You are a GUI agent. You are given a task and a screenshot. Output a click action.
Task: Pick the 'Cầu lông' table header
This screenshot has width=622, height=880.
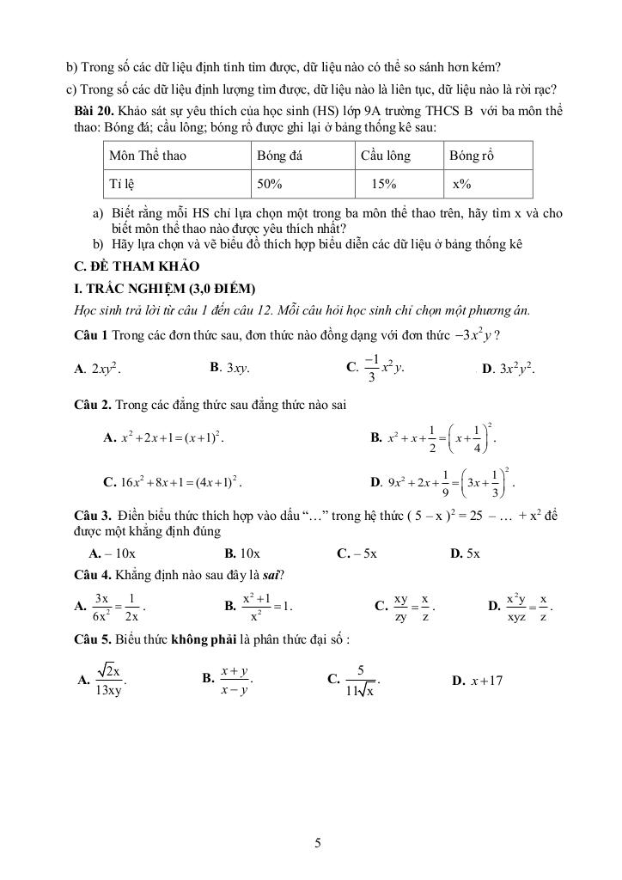click(x=386, y=156)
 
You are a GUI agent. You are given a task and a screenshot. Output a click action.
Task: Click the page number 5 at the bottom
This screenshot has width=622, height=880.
click(x=318, y=843)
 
